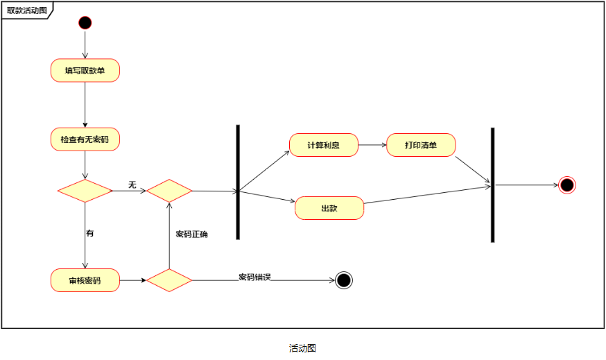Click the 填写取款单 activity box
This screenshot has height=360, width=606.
tap(85, 70)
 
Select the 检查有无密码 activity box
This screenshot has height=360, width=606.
tap(85, 139)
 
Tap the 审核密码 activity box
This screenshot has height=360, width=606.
tap(85, 281)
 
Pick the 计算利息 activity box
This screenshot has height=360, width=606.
tap(323, 145)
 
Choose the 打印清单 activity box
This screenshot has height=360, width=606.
tap(421, 145)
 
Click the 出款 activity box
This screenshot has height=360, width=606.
tap(329, 208)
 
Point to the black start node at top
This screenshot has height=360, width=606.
tap(85, 22)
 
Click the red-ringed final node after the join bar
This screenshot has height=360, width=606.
tap(567, 185)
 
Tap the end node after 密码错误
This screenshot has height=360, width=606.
tap(343, 280)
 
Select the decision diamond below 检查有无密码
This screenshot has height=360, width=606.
tap(85, 191)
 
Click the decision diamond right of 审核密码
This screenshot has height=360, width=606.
tap(169, 280)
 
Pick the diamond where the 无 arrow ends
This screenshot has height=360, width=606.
tap(169, 191)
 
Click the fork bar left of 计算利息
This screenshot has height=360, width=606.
tap(238, 182)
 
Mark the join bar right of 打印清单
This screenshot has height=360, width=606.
tap(492, 185)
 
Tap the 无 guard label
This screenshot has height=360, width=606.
tap(132, 185)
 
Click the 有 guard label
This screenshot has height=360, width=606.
tap(89, 233)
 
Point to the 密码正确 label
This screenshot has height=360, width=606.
tap(192, 234)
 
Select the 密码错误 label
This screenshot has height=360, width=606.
tap(254, 277)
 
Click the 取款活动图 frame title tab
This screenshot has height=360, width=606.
tap(26, 10)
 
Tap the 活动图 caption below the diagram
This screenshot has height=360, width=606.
tap(302, 348)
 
